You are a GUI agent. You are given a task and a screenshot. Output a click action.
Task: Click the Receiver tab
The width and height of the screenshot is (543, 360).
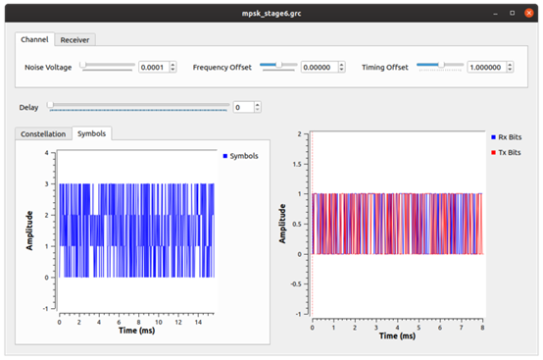pos(75,40)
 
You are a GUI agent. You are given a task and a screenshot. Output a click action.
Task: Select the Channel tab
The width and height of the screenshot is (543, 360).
pos(33,40)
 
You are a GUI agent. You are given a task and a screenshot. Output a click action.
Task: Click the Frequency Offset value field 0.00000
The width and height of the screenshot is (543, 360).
pos(319,67)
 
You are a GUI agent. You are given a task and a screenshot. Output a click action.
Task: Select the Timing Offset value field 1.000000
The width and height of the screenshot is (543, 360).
pos(485,67)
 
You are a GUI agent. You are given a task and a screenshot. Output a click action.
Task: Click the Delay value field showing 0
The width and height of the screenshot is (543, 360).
pos(242,106)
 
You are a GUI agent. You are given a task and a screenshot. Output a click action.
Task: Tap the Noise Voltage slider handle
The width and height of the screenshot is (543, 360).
pos(84,65)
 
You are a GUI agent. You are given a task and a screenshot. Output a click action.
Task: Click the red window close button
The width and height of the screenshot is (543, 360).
pos(529,14)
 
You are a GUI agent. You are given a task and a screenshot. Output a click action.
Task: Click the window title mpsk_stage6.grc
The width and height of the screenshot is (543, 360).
pos(271,14)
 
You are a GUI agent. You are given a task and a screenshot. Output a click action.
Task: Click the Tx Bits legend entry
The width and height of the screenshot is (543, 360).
pos(508,153)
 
